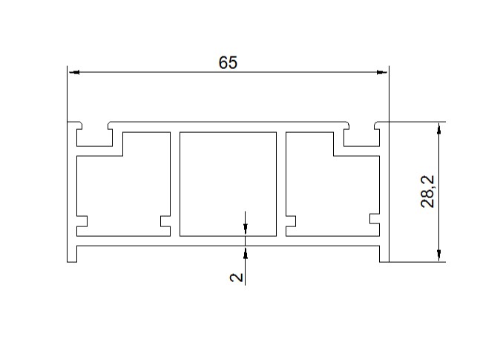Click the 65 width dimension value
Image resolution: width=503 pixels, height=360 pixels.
pos(228,62)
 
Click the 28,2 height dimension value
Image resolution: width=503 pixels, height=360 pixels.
pos(427,192)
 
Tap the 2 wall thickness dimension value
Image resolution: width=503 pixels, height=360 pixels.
pos(237,277)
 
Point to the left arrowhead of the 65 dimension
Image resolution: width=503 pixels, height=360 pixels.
pos(74,72)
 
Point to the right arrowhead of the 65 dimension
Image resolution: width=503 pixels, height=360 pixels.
pos(382,72)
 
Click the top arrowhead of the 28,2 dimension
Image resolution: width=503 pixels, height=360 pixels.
pos(439,128)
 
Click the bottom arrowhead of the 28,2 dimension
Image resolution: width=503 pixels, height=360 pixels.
pos(439,256)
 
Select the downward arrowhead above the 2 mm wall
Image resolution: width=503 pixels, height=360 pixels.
pos(246,229)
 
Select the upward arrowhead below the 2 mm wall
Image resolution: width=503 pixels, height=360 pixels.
pos(246,252)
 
